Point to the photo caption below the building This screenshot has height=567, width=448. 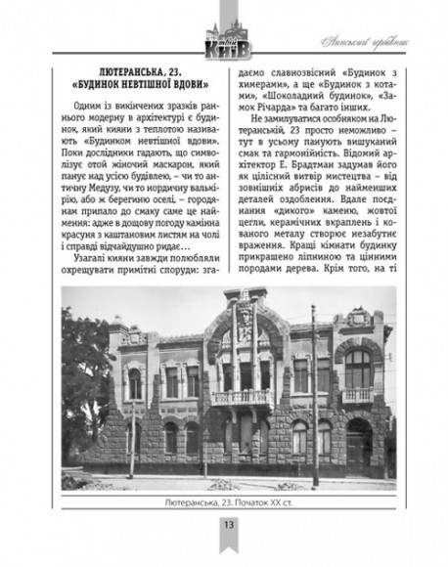pyautogui.click(x=224, y=504)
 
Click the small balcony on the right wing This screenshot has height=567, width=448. pyautogui.click(x=356, y=395)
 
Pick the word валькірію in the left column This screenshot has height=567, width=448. pyautogui.click(x=189, y=190)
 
